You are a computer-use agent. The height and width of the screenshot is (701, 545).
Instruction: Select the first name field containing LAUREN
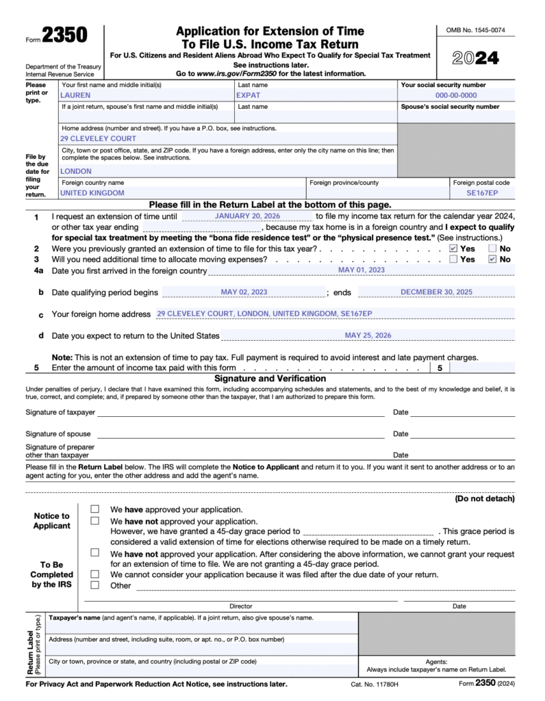(75, 96)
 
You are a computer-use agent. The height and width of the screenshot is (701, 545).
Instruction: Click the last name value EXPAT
(248, 96)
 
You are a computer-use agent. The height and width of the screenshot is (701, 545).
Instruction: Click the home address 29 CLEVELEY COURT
(98, 138)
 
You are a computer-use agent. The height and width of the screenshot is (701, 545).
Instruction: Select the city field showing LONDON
(76, 171)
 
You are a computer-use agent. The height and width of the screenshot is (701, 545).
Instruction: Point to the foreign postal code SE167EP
(481, 193)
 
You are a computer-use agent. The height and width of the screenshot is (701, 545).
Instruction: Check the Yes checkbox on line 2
(453, 248)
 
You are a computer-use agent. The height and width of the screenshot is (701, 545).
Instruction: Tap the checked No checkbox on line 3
(492, 259)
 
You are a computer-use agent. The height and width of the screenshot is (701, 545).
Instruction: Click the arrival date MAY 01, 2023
(362, 270)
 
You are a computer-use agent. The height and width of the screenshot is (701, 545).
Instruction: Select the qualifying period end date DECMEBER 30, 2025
(436, 292)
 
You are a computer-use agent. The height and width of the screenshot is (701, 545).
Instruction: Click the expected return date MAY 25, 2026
(368, 335)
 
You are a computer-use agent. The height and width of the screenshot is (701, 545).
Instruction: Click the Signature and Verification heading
(270, 379)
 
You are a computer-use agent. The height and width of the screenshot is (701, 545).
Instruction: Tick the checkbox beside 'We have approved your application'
(95, 509)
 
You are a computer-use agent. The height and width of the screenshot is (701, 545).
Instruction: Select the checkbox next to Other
(95, 585)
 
